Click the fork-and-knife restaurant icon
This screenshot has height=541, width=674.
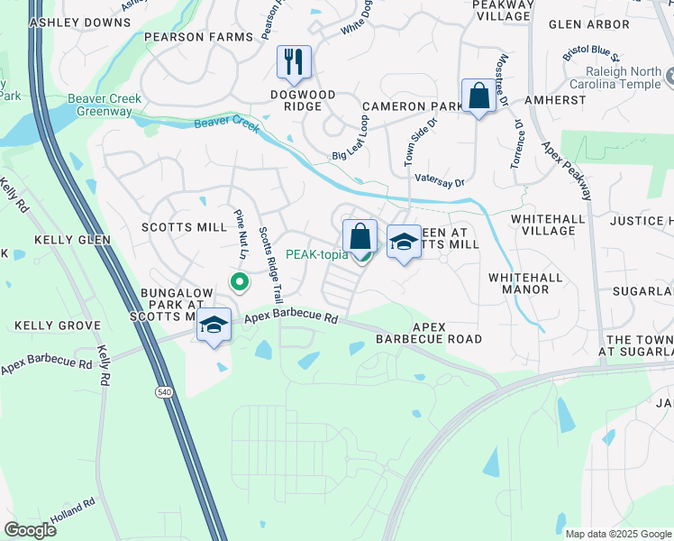tap(294, 61)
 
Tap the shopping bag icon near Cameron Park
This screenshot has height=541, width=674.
tap(478, 96)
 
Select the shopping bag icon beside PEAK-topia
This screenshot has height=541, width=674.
tap(360, 236)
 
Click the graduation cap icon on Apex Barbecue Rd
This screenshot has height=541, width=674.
tap(214, 326)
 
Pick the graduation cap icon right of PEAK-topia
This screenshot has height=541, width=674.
tap(404, 242)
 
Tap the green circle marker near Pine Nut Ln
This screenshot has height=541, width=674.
tap(239, 282)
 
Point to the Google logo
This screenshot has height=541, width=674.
tap(30, 529)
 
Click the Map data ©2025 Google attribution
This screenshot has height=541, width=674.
tap(618, 534)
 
